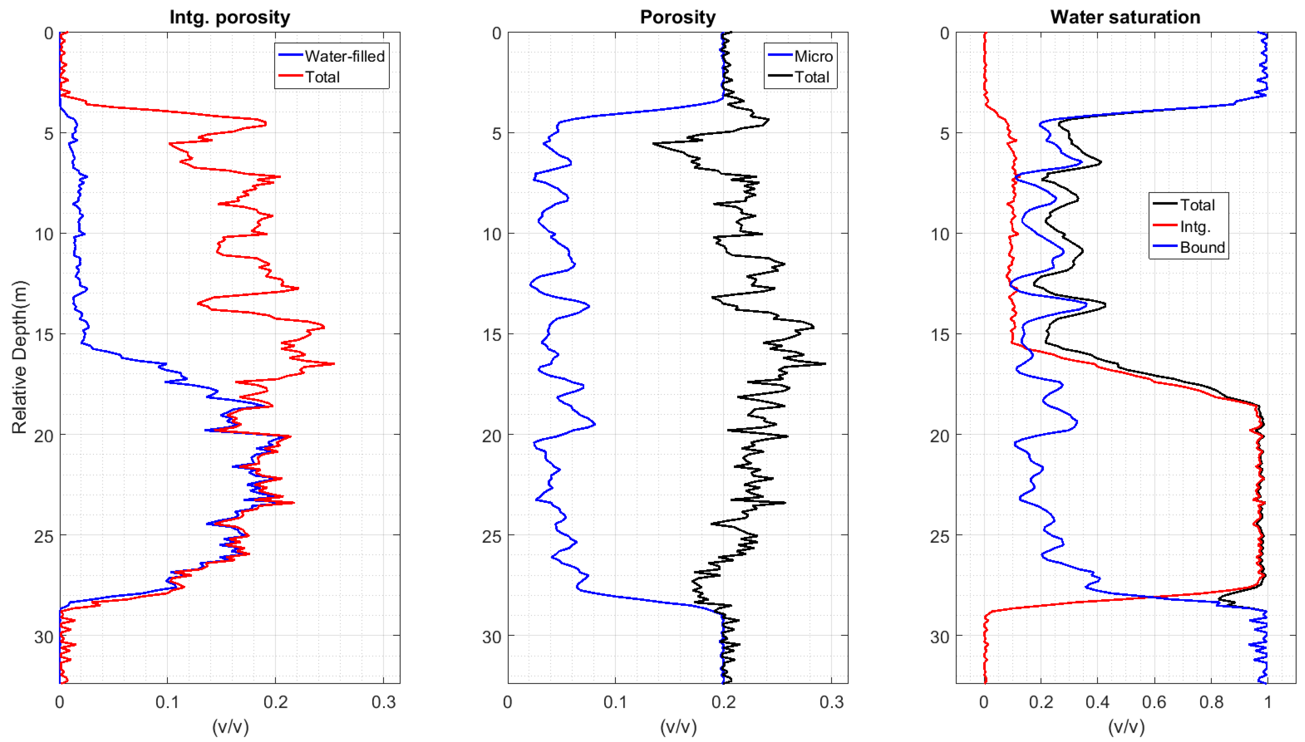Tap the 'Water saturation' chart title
(1125, 17)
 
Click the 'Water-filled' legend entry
(345, 56)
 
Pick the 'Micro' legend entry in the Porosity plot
(813, 56)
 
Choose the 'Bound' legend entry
(1202, 248)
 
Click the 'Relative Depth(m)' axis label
(19, 357)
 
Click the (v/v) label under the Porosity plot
(678, 726)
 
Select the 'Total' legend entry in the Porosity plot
(812, 77)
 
